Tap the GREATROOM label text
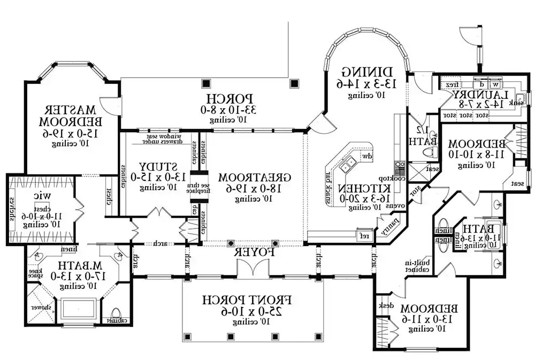255,177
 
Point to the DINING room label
370,71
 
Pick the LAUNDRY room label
478,94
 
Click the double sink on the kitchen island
348,163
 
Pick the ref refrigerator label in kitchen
365,235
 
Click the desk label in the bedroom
385,305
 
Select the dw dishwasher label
367,156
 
